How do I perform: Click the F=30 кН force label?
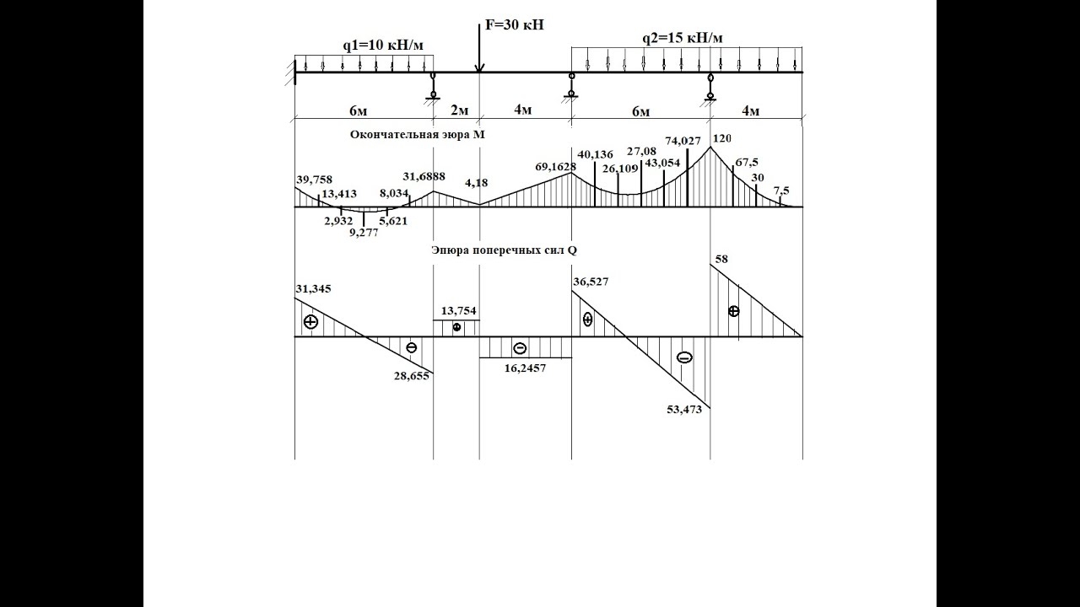tap(515, 24)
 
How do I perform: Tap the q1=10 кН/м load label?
tap(383, 46)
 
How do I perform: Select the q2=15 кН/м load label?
tap(683, 38)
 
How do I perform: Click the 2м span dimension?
tap(460, 110)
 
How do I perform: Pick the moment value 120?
tap(721, 139)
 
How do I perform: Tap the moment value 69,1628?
tap(555, 167)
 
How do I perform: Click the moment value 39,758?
tap(315, 180)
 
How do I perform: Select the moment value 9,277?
tap(364, 233)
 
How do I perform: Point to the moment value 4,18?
tap(477, 183)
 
